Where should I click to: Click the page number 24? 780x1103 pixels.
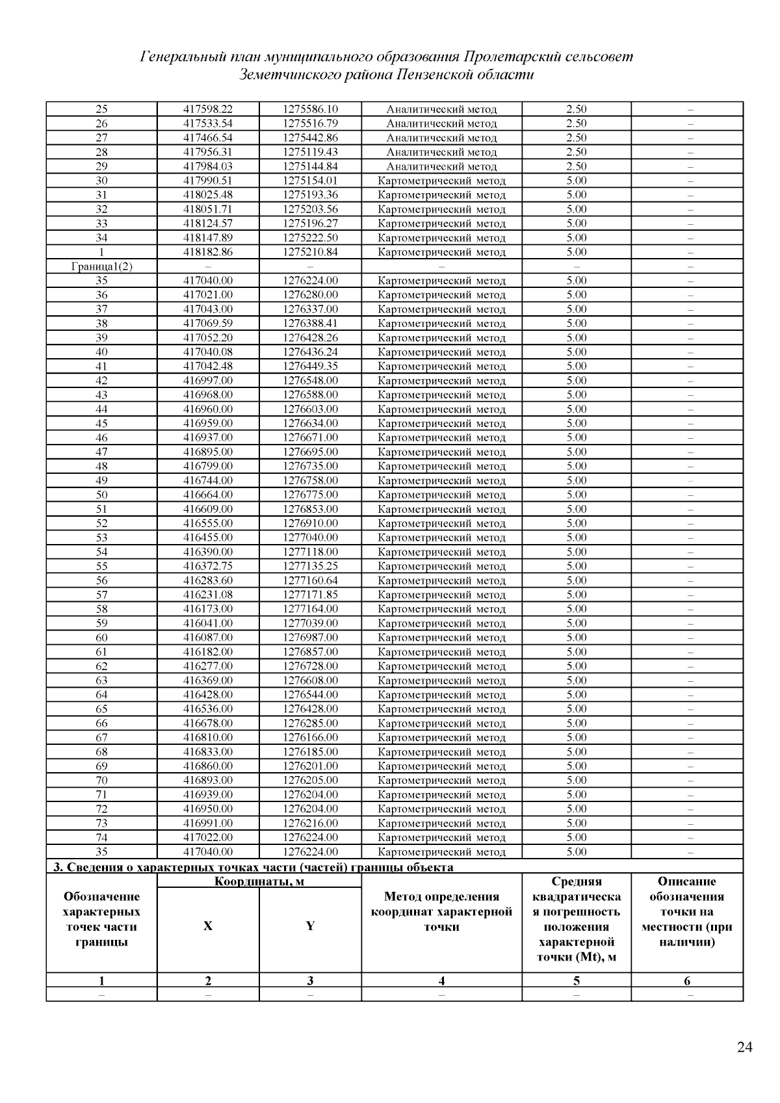coord(745,1047)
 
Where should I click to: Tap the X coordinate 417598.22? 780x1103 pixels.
coord(208,109)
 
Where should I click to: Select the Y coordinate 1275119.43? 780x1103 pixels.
coord(310,152)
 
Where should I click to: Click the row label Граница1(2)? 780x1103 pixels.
coord(101,266)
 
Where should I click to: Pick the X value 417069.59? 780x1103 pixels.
coord(208,324)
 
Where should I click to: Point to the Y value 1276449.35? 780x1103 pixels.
coord(310,366)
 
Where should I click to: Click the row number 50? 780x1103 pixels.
coord(101,495)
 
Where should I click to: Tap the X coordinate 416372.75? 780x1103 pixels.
coord(208,566)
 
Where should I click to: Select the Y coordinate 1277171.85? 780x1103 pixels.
coord(310,595)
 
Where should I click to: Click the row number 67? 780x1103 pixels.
coord(101,738)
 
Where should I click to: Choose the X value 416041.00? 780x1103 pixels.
coord(208,623)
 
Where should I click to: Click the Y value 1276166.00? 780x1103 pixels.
coord(310,738)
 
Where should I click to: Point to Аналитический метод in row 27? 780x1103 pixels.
coord(441,138)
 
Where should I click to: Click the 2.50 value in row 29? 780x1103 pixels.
coord(577,166)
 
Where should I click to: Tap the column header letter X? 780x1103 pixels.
coord(208,926)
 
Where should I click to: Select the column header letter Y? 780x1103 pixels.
coord(310,926)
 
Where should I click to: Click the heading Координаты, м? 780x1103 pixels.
coord(259,882)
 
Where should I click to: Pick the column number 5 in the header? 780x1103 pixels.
coord(577,981)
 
